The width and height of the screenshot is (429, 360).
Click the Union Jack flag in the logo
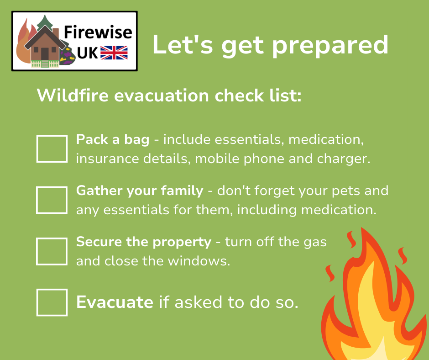coord(114,53)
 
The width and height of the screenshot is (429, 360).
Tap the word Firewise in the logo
coord(98,32)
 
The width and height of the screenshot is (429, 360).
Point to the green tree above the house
coord(45,22)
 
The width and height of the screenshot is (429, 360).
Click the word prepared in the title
coord(330,45)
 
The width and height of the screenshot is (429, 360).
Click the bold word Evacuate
coord(115,302)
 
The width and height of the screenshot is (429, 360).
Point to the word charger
coord(344,159)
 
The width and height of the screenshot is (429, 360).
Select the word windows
coord(199,261)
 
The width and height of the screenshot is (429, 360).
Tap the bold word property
coord(182,242)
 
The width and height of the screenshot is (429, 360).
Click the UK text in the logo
coord(87,53)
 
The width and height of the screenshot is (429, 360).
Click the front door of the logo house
coord(45,54)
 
